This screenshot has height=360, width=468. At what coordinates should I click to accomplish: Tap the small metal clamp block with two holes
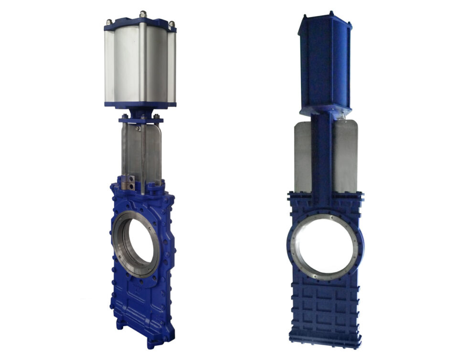128,181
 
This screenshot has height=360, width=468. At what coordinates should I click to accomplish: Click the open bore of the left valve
139,244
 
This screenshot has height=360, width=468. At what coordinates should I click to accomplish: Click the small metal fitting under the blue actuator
343,115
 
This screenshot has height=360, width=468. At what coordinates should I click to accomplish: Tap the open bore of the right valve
325,248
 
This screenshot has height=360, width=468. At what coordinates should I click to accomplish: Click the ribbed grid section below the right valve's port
325,310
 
